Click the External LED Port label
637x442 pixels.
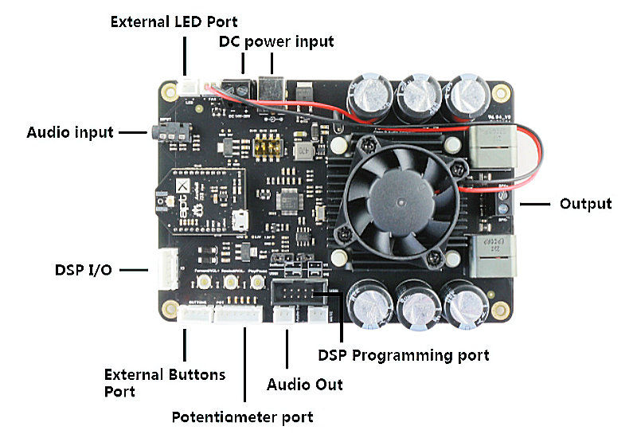[x=174, y=22]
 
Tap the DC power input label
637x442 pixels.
[x=276, y=41]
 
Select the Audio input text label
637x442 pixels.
[x=70, y=131]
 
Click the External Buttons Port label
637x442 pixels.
[x=165, y=382]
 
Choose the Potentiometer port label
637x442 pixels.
[x=243, y=417]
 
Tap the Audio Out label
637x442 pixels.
[x=304, y=385]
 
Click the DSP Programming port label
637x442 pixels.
[x=403, y=354]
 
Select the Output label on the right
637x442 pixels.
[x=585, y=204]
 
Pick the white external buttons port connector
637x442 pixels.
[x=195, y=315]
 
